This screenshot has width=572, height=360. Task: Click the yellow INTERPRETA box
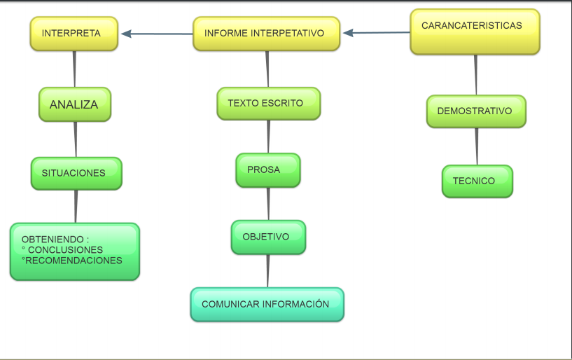click(74, 34)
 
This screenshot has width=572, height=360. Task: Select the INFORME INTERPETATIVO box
click(266, 34)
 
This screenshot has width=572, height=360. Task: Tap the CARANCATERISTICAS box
click(474, 32)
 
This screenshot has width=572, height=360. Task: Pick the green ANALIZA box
click(74, 104)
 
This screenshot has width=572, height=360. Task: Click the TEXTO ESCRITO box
click(268, 104)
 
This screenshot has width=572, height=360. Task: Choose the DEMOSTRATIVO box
click(475, 111)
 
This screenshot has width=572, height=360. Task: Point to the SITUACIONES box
click(76, 173)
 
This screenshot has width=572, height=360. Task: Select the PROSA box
click(267, 170)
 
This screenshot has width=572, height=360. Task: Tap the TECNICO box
click(476, 181)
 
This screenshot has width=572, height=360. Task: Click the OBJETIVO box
click(268, 237)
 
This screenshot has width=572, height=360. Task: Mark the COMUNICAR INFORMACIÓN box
click(267, 305)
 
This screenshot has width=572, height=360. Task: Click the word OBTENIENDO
click(53, 240)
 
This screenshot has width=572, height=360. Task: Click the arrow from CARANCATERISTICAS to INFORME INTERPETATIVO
click(376, 32)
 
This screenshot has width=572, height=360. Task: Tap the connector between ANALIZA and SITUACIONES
click(76, 139)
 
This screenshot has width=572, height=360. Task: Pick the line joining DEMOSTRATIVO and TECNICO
click(477, 146)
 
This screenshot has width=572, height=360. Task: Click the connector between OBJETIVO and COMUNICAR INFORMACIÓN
click(267, 270)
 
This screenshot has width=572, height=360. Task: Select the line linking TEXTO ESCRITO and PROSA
click(268, 136)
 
